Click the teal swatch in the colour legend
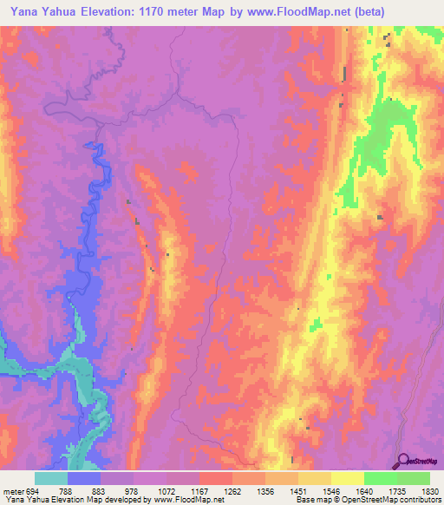[x=50, y=478]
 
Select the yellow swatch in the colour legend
[x=347, y=478]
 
